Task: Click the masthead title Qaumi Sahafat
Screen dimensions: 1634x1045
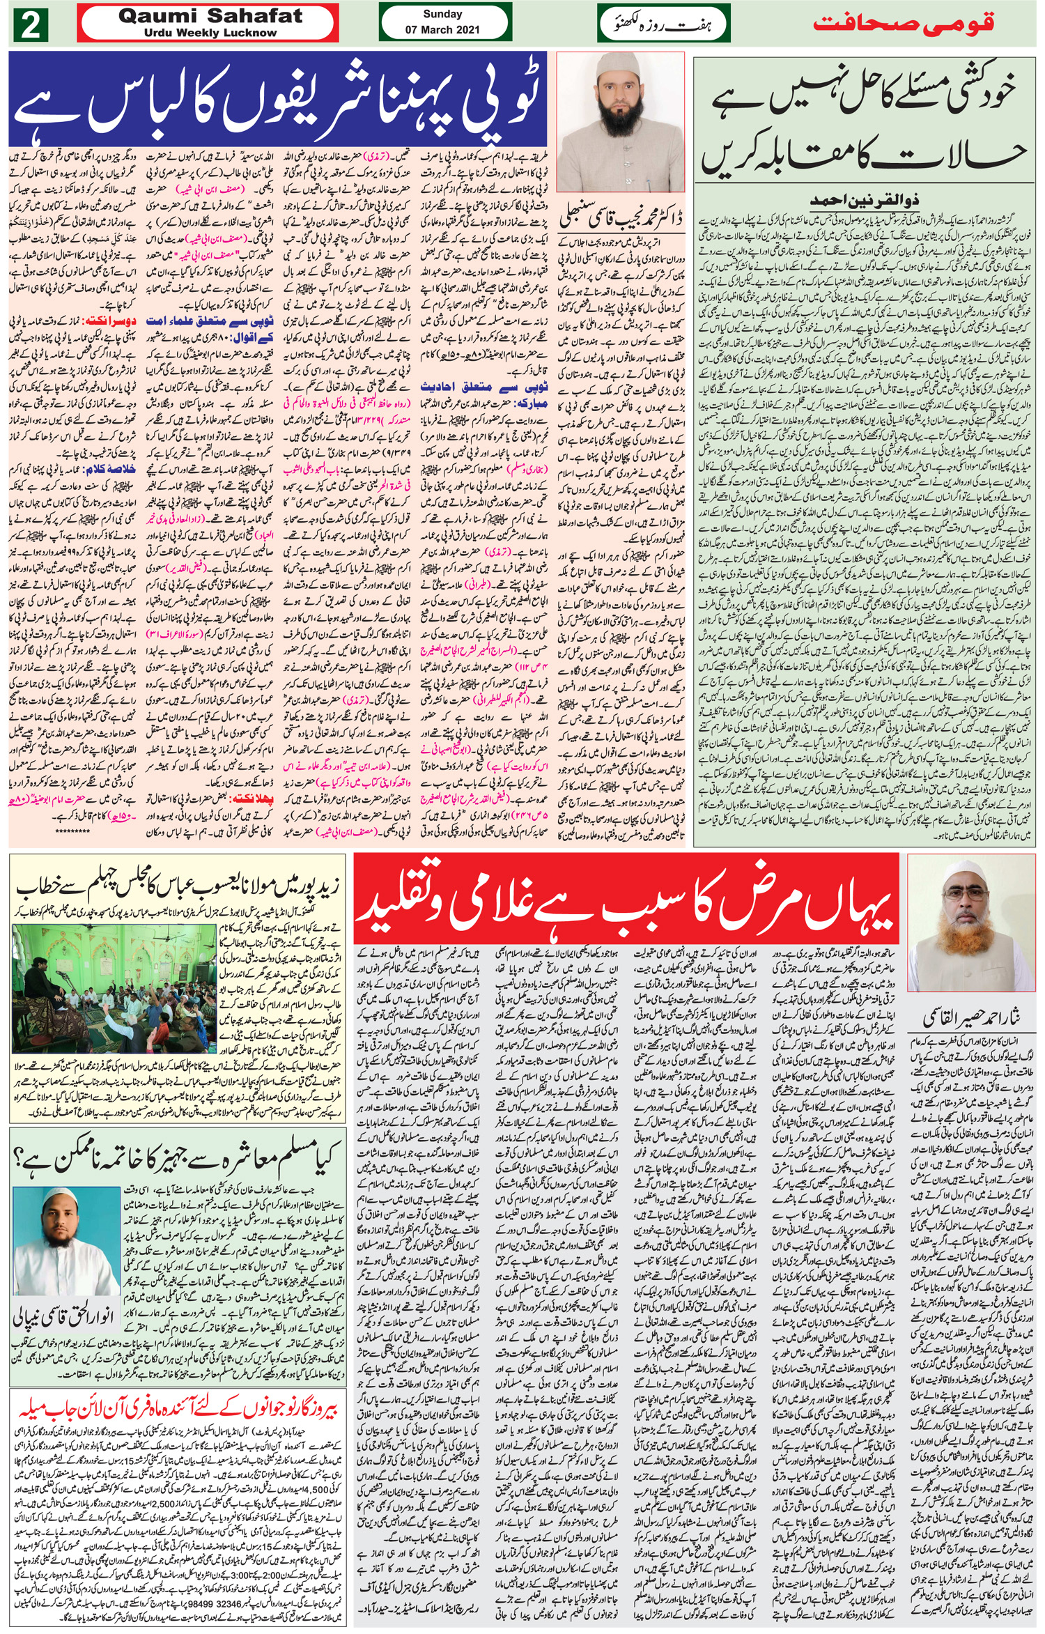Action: [x=210, y=16]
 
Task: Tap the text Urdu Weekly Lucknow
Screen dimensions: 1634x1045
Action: [x=210, y=33]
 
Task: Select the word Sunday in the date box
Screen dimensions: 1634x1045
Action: [x=442, y=14]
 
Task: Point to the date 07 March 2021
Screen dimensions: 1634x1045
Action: [x=442, y=30]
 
